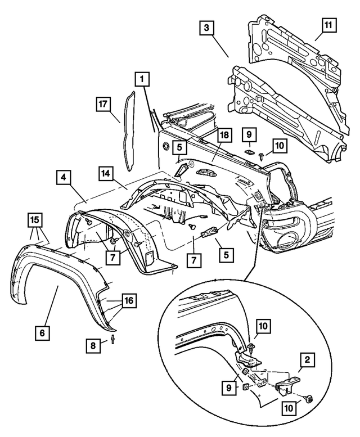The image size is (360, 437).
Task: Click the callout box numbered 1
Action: point(142,79)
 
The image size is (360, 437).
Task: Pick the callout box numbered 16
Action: point(129,301)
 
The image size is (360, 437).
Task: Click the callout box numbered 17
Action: point(102,105)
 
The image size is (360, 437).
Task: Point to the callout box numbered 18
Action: point(223,135)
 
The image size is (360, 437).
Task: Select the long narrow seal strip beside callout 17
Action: point(128,129)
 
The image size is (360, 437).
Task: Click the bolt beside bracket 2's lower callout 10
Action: point(308,399)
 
